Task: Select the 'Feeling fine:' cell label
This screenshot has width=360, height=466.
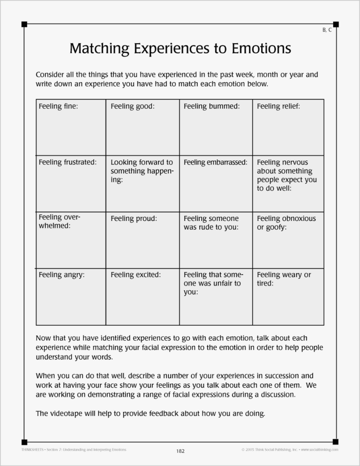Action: point(58,106)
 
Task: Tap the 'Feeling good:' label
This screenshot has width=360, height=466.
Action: point(133,106)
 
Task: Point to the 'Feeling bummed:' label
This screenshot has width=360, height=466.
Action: point(211,106)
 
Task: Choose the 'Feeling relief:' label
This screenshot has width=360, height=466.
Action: point(278,106)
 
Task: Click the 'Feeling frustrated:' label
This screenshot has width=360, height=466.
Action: point(67,163)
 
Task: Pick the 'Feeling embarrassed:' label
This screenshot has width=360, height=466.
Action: point(215,163)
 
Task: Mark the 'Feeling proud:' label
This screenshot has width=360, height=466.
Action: point(134,219)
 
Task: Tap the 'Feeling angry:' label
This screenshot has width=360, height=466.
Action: point(61,275)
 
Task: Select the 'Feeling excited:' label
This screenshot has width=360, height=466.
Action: point(135,275)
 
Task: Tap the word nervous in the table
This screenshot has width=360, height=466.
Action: point(297,163)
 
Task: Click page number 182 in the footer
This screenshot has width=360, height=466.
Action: point(180,451)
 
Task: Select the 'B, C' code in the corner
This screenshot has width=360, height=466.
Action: point(327,30)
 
